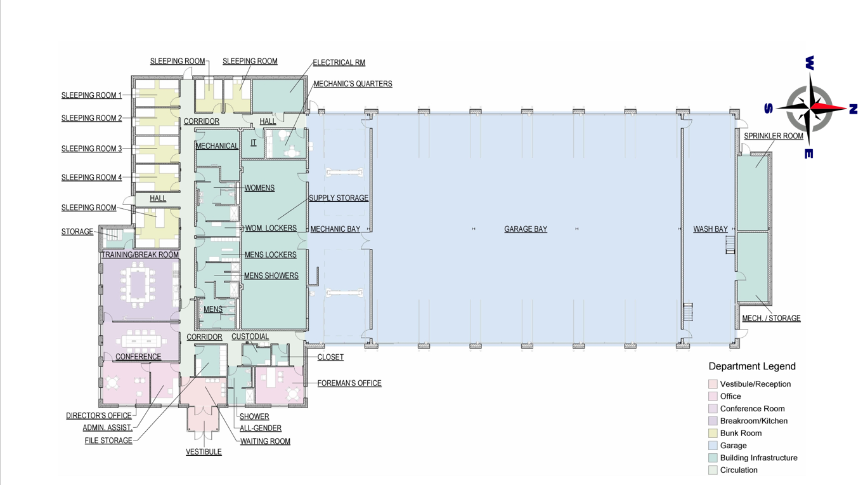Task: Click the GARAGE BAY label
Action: click(x=526, y=229)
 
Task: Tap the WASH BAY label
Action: click(x=710, y=229)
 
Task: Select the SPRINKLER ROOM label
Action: click(x=774, y=136)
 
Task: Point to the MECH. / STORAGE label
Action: click(x=771, y=318)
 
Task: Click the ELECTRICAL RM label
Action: click(x=339, y=62)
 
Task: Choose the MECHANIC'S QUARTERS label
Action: click(x=353, y=84)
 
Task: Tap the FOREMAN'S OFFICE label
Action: click(x=349, y=383)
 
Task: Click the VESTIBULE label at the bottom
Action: click(x=204, y=452)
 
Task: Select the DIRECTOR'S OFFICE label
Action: click(x=99, y=416)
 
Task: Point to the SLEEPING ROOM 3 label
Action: click(x=92, y=149)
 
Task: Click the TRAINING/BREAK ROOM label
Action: click(x=140, y=255)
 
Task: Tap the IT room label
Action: click(x=254, y=143)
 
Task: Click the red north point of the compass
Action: click(x=828, y=108)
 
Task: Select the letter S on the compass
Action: click(x=769, y=109)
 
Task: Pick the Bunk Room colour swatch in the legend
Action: click(x=713, y=434)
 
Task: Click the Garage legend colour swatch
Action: click(x=713, y=446)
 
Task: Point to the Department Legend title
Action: click(x=752, y=366)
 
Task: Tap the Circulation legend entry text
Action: click(x=739, y=470)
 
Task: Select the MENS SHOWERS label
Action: click(x=271, y=276)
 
